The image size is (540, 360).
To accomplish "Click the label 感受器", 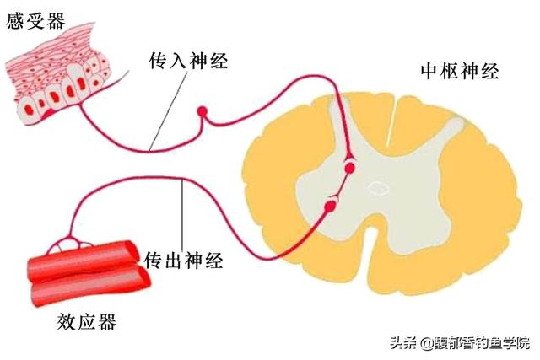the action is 35,20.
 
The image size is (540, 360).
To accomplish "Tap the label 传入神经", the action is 188,61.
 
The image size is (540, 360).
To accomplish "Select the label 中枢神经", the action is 460,72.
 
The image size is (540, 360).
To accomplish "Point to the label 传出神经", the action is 183,261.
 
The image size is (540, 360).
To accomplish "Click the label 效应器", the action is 87,322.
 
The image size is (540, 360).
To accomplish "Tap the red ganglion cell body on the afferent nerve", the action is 202,111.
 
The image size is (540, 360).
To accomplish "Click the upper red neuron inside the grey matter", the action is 349,168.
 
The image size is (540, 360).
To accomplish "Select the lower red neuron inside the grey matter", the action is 330,206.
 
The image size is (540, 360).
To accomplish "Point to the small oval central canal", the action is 379,188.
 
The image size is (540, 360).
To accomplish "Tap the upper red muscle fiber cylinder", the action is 84,260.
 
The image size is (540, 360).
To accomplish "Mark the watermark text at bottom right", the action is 460,343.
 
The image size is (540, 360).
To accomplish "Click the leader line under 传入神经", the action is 169,111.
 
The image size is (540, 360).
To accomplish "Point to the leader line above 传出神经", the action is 182,215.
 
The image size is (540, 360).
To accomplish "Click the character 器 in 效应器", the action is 107,322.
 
